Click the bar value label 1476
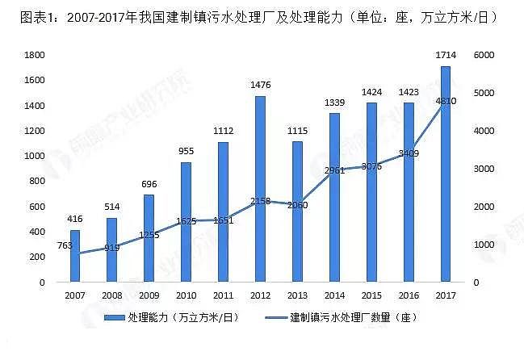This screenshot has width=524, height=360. [x=260, y=85]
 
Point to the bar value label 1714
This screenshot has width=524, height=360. [x=445, y=54]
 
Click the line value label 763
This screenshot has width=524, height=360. [x=65, y=245]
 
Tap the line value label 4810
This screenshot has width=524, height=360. [x=446, y=100]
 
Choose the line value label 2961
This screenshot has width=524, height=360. [x=334, y=170]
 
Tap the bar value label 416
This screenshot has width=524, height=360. [x=75, y=219]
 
